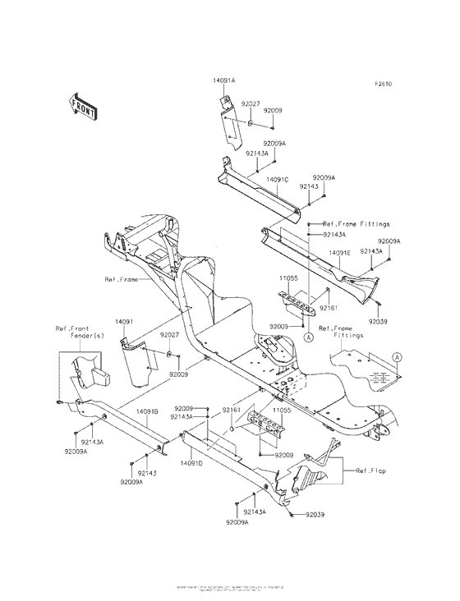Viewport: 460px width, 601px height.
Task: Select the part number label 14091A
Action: pos(223,80)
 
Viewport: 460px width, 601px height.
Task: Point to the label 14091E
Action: pos(339,254)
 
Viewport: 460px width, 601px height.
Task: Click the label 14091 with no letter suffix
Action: pos(123,322)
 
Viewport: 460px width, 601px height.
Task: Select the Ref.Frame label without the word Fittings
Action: pos(121,279)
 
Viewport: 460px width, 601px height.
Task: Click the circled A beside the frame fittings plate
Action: pos(397,357)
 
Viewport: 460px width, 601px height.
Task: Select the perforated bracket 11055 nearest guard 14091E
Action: pos(297,303)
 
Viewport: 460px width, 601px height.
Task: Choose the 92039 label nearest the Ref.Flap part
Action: pos(315,515)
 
